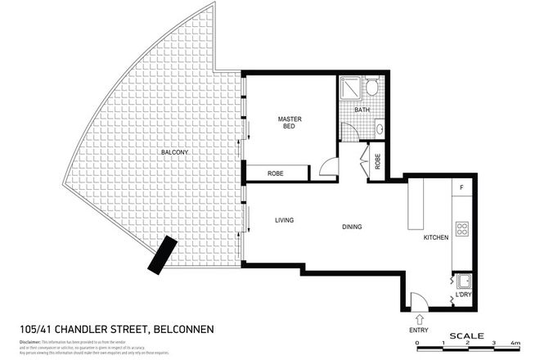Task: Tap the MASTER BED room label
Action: pyautogui.click(x=290, y=124)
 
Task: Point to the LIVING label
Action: pyautogui.click(x=284, y=220)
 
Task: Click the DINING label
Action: pyautogui.click(x=352, y=227)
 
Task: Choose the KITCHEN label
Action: pyautogui.click(x=434, y=238)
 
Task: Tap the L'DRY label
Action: pyautogui.click(x=463, y=293)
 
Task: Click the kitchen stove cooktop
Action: pyautogui.click(x=461, y=229)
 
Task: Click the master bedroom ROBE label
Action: pyautogui.click(x=276, y=173)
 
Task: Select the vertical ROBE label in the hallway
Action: pyautogui.click(x=377, y=162)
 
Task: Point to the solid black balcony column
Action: pyautogui.click(x=160, y=256)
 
